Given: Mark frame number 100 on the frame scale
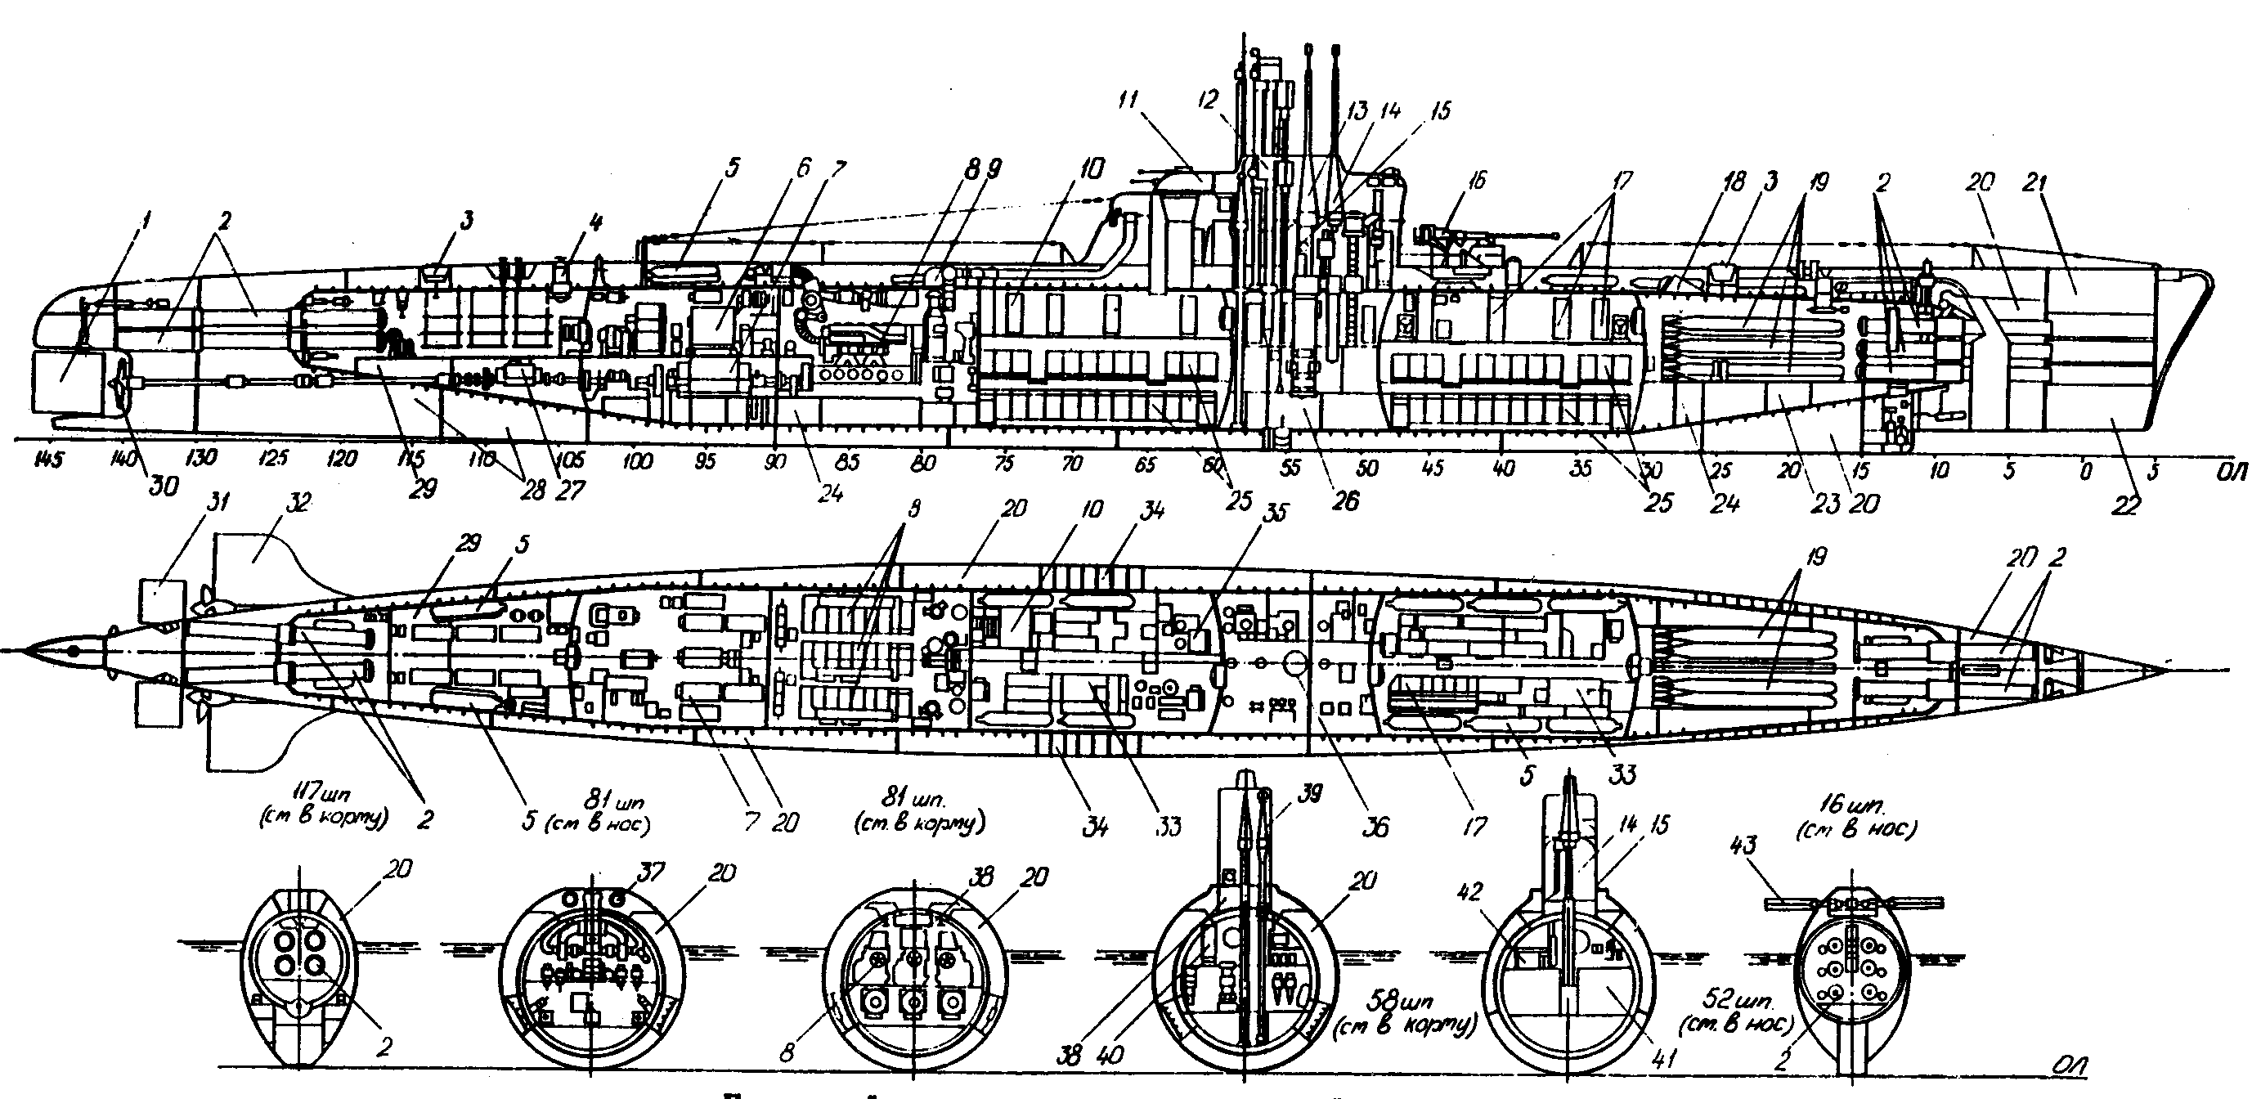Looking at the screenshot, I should tap(637, 460).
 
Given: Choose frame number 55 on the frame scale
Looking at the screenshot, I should tap(1290, 467).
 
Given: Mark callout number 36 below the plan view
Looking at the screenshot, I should tap(1376, 826).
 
